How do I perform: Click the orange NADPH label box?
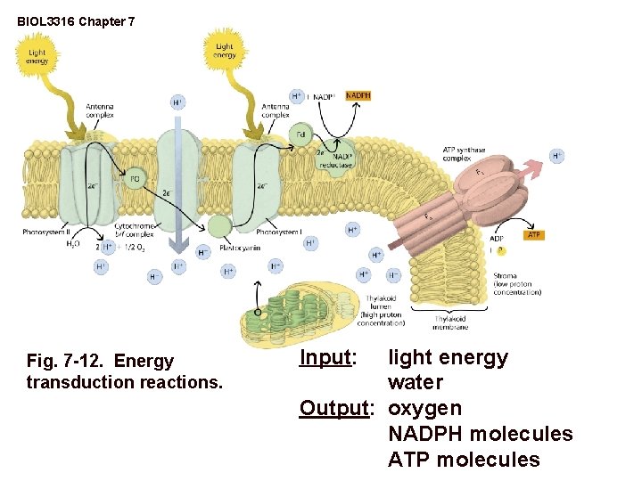358,95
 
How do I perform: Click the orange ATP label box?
534,235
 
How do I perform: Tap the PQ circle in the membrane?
135,179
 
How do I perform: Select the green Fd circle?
301,135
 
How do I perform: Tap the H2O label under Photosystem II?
73,243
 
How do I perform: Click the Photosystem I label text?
279,232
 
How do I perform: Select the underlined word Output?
334,409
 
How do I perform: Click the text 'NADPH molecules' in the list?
480,435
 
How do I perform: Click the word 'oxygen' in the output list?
424,409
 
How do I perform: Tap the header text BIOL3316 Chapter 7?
76,19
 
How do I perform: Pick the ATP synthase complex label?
464,154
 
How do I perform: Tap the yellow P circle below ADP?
500,250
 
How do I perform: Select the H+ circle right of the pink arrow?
556,156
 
